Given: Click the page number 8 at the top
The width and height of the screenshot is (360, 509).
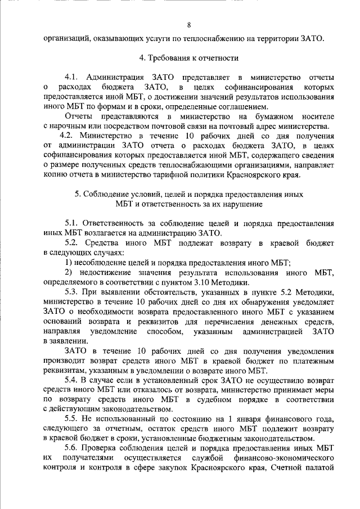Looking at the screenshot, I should pyautogui.click(x=189, y=25).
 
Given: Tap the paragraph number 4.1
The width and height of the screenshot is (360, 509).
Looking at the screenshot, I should pyautogui.click(x=74, y=76).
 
